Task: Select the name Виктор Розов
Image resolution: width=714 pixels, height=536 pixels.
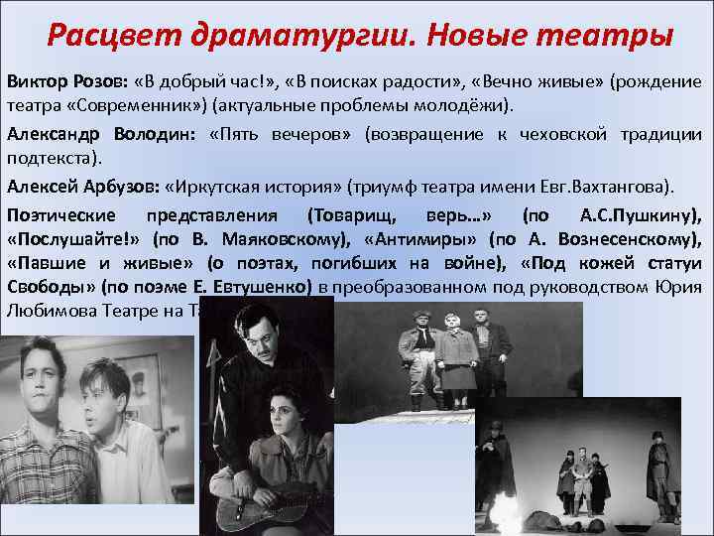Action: [x=59, y=81]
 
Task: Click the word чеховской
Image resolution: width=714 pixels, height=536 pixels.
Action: [x=555, y=134]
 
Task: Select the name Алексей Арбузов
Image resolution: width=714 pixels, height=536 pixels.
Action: [x=82, y=186]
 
